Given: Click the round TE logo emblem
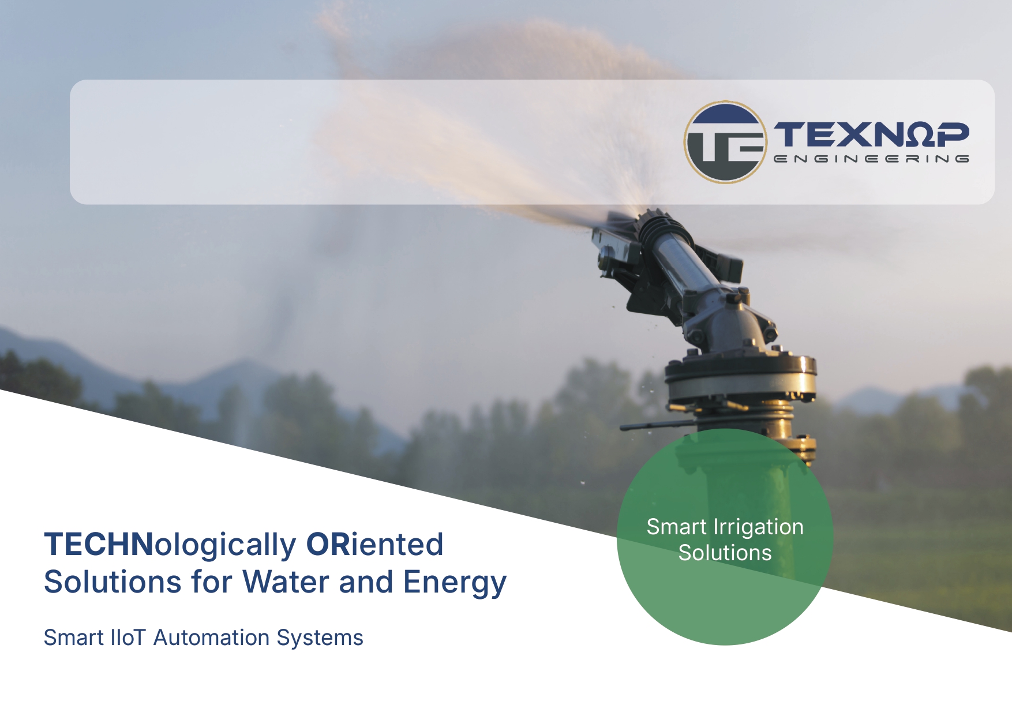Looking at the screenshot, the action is click(725, 142).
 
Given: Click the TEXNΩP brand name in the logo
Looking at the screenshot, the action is click(871, 134).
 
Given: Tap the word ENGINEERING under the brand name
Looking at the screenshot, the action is click(871, 159).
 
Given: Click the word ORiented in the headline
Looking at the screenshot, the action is click(374, 544).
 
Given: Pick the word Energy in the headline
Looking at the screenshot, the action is click(455, 583).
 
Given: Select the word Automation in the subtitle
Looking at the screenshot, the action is click(212, 638).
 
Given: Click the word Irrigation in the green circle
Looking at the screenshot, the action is click(758, 527).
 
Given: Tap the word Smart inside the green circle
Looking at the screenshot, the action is click(676, 527).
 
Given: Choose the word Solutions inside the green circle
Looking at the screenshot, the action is click(725, 553).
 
